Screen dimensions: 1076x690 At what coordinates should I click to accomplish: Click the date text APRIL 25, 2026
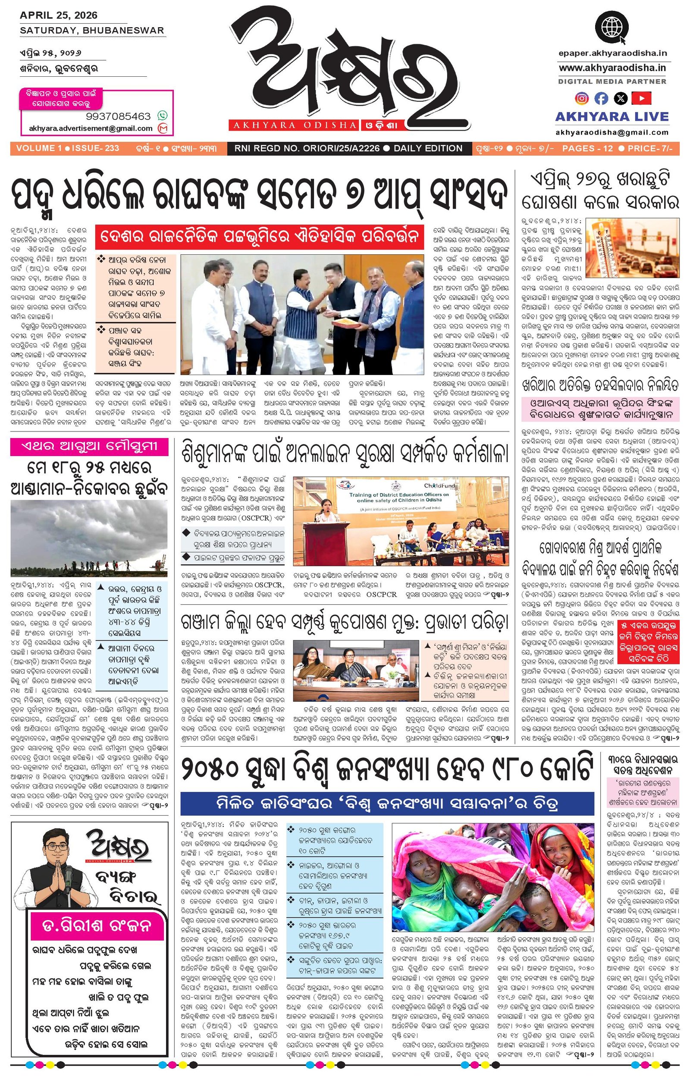pos(58,15)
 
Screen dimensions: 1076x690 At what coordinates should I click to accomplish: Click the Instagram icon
pos(582,97)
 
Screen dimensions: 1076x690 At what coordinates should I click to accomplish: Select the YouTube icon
pos(641,97)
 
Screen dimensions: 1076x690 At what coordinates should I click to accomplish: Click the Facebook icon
pos(601,97)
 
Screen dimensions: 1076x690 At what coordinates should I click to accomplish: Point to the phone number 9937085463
pos(118,116)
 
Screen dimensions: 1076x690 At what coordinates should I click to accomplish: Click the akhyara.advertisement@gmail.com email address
pos(91,128)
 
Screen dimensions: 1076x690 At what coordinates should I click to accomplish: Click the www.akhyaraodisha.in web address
pos(612,68)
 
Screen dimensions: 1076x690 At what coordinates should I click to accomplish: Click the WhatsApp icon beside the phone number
pos(162,116)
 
